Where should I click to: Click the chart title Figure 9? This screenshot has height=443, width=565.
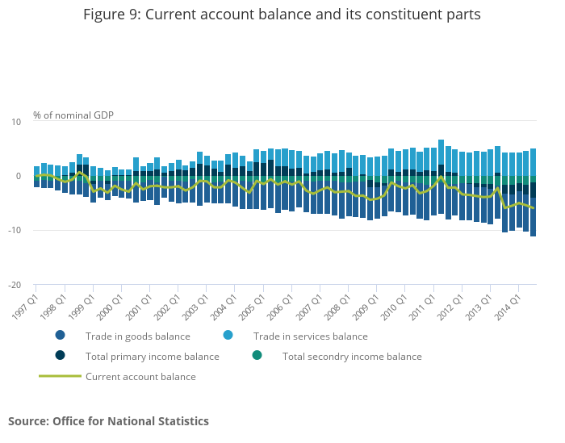click(282, 15)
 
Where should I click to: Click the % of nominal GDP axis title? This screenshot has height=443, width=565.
click(73, 115)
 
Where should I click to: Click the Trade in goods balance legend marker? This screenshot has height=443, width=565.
click(61, 336)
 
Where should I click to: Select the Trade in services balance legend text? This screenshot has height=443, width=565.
click(310, 336)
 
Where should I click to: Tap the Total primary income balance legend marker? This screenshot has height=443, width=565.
click(61, 356)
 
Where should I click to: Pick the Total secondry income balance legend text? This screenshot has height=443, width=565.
click(352, 357)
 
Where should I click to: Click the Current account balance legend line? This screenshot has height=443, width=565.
click(61, 376)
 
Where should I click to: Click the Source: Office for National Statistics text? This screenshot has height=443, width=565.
click(108, 421)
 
